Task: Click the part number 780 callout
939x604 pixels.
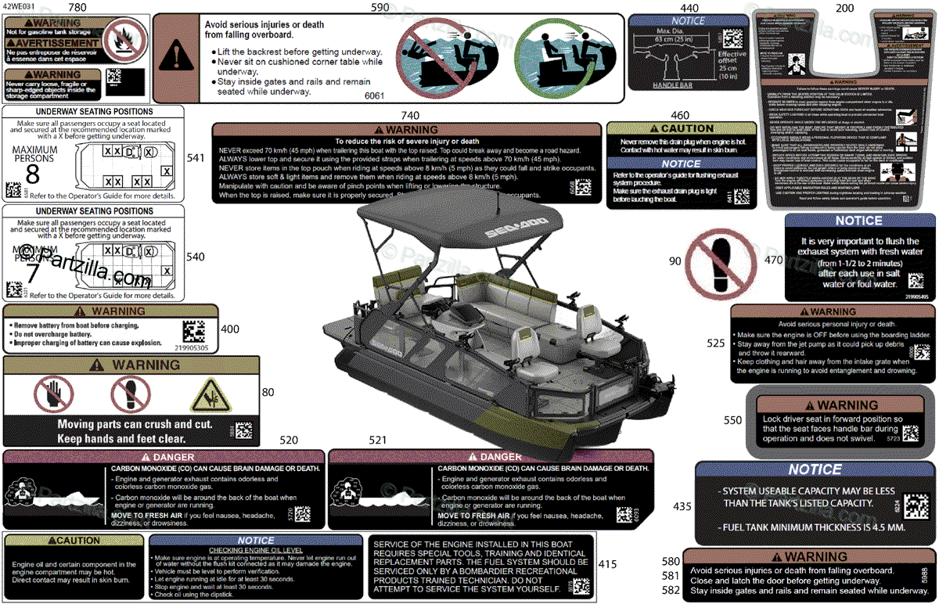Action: (77, 8)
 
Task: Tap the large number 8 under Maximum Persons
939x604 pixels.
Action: (32, 173)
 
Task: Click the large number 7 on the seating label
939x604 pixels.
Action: (32, 273)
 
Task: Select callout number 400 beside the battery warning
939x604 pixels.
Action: (230, 329)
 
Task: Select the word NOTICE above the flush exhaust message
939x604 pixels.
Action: (858, 221)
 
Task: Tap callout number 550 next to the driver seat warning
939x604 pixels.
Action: (732, 421)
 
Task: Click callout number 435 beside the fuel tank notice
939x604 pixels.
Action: (682, 507)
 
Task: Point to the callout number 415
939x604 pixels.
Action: (607, 564)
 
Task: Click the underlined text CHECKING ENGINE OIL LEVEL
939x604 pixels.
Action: (255, 550)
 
